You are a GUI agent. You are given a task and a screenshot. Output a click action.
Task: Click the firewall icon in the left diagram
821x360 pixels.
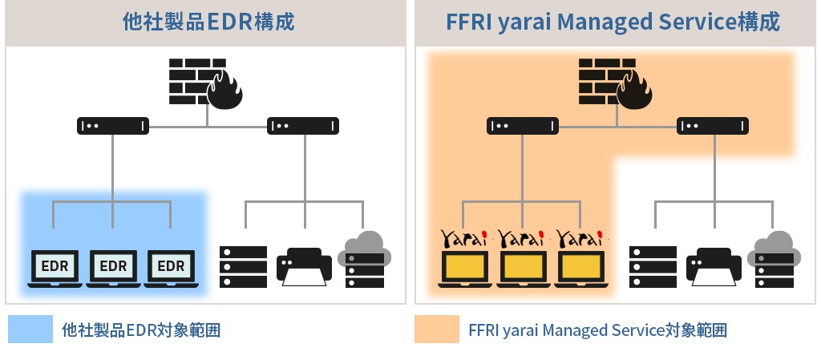click(205, 83)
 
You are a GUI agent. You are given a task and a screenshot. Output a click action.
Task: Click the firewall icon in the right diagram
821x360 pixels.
click(614, 83)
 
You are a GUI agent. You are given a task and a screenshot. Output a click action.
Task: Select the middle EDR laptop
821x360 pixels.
click(113, 267)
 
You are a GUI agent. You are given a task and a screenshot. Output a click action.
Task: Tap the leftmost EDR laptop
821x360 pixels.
click(55, 267)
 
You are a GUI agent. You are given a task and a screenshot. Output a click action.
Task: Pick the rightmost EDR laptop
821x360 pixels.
click(171, 267)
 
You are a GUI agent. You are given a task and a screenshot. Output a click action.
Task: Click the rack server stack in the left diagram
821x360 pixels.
click(244, 266)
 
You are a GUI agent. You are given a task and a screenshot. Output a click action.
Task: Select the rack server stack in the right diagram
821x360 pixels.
click(653, 266)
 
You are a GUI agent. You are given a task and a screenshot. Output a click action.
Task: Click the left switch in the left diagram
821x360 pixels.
click(113, 126)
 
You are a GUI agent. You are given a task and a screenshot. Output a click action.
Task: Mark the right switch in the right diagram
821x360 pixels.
click(713, 126)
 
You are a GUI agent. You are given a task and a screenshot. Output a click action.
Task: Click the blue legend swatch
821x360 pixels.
click(30, 330)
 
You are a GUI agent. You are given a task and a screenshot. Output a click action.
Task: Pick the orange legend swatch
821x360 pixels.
click(436, 330)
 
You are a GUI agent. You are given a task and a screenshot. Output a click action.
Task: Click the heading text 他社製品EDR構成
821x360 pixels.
click(208, 22)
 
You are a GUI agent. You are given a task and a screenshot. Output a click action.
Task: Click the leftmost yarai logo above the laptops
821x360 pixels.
click(464, 238)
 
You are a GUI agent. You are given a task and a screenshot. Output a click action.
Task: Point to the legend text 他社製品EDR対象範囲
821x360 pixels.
click(141, 330)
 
